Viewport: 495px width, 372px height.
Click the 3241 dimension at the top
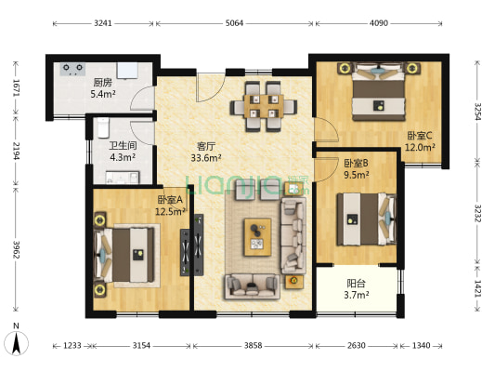(x=103, y=23)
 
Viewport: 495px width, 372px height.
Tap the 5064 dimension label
(x=234, y=23)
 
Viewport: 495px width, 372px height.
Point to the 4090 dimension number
(x=379, y=23)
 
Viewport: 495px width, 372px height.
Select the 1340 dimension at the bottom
(x=421, y=345)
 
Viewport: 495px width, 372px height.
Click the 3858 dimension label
(x=253, y=345)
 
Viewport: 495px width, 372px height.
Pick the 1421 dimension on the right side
(x=478, y=288)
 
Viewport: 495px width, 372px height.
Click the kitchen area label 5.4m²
(x=103, y=94)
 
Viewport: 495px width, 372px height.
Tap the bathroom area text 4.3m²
(x=123, y=157)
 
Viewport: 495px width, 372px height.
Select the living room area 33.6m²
(x=206, y=158)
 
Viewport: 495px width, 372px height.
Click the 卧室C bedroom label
(x=420, y=136)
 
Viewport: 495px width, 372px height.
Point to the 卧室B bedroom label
(x=356, y=164)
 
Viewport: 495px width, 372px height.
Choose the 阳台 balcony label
(x=356, y=284)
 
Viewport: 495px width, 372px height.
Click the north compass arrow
(x=17, y=343)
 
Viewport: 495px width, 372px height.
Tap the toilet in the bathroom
(x=103, y=127)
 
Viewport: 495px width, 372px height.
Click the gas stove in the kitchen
(x=73, y=69)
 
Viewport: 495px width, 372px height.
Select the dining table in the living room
(x=264, y=106)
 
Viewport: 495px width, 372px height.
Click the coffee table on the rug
(x=257, y=237)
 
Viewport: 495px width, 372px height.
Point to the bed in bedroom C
(x=379, y=92)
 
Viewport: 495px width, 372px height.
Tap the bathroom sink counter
(x=123, y=178)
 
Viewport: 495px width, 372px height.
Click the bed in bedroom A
(x=125, y=255)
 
